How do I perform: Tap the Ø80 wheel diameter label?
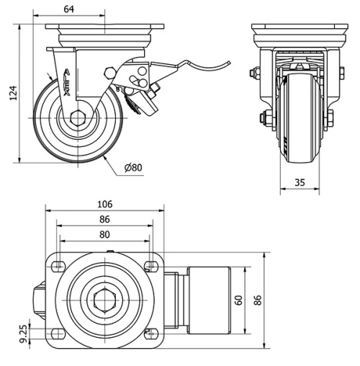coord(134,168)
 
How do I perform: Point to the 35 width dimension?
coord(298,183)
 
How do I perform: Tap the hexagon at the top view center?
coord(104,299)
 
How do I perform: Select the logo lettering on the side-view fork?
coord(67,83)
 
